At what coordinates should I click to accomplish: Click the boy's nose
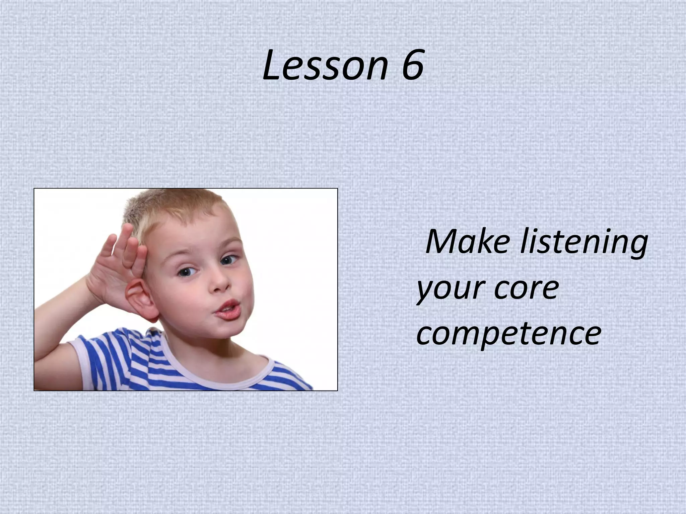pos(221,283)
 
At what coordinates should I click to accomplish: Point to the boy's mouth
pos(228,310)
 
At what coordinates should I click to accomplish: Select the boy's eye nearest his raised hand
pos(186,272)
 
